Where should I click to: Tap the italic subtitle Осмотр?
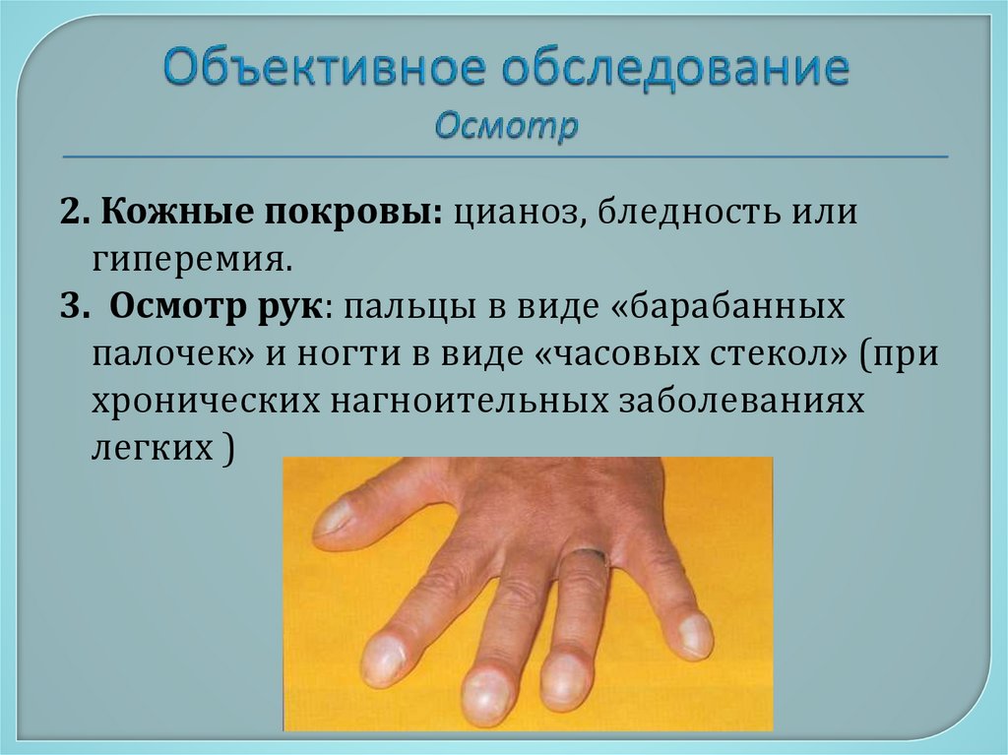[506, 126]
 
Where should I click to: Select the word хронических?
[193, 402]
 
